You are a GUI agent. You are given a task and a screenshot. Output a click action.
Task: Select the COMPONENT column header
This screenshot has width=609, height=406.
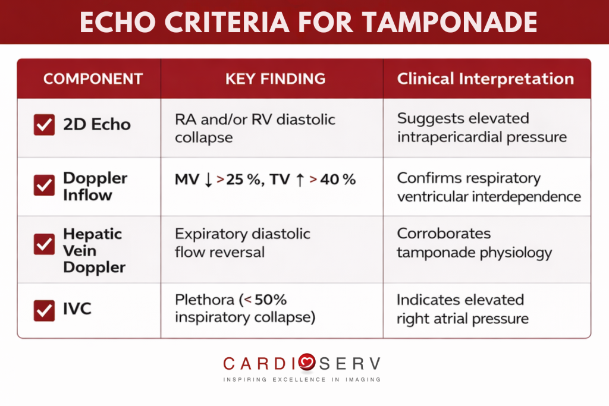(93, 79)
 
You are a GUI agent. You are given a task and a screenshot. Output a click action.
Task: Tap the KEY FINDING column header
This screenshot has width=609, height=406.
(275, 79)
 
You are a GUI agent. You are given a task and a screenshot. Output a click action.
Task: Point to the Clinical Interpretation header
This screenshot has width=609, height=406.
(485, 79)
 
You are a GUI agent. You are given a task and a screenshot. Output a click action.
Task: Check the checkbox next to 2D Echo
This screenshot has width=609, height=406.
(44, 125)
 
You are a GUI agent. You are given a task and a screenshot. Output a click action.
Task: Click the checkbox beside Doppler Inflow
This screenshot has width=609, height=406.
(44, 185)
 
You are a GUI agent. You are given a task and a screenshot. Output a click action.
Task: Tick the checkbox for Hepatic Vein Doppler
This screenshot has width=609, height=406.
(44, 244)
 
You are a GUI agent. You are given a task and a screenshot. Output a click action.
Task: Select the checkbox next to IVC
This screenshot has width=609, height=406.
(44, 310)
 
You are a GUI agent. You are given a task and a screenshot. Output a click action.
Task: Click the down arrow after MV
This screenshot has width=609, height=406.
(208, 180)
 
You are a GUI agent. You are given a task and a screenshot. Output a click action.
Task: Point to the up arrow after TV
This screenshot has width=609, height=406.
(300, 180)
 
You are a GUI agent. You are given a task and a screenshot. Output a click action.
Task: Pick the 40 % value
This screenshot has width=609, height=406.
(338, 180)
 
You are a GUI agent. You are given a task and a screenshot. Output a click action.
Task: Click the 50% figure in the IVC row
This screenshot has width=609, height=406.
(272, 300)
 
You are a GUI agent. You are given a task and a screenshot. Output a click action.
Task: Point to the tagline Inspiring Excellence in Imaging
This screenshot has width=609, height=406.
(302, 379)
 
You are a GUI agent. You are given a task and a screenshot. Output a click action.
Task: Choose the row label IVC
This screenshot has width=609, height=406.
(77, 309)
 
